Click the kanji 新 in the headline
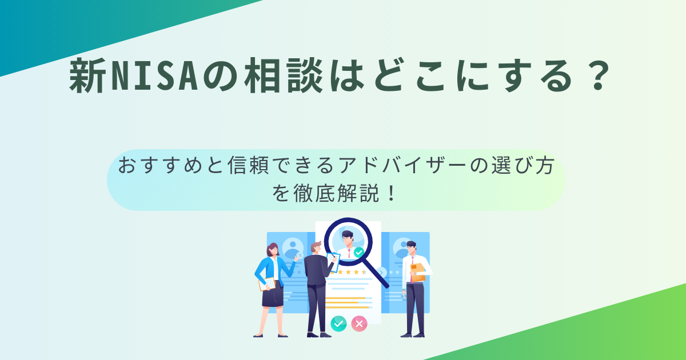88,75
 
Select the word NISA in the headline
155,75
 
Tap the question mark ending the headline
599,75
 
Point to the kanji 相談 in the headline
284,75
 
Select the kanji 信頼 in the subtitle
248,166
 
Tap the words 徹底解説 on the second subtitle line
336,193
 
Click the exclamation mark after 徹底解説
391,193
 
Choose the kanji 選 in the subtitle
502,166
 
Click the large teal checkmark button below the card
338,324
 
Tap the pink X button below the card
359,323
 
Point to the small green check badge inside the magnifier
358,253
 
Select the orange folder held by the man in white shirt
417,272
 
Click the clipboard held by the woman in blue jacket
267,284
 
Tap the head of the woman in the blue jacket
273,250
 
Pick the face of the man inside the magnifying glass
348,239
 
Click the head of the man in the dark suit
316,247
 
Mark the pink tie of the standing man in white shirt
412,269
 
